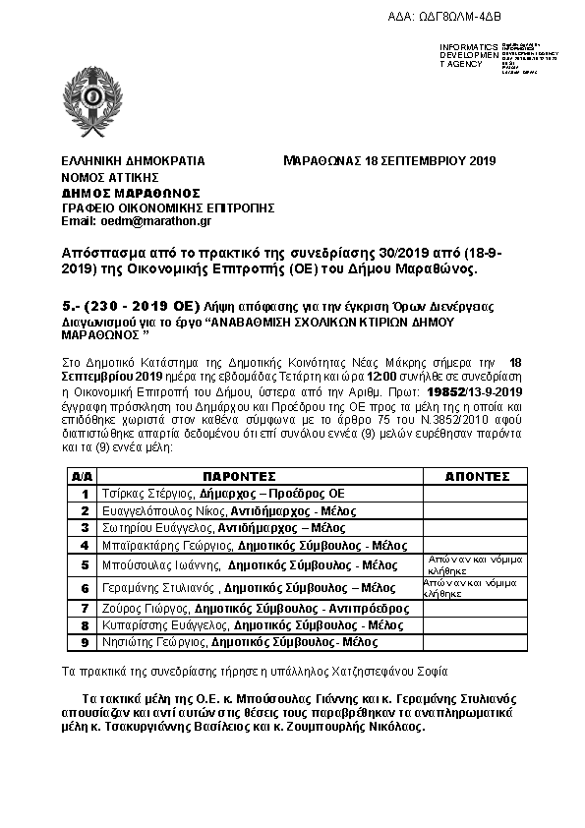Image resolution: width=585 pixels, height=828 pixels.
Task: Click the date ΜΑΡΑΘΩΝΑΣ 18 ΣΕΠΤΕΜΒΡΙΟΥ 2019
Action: (388, 160)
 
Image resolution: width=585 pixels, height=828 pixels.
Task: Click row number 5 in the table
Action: (85, 564)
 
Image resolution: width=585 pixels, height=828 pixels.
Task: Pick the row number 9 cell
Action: (85, 641)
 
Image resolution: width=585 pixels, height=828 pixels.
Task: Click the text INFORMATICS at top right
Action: (470, 46)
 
